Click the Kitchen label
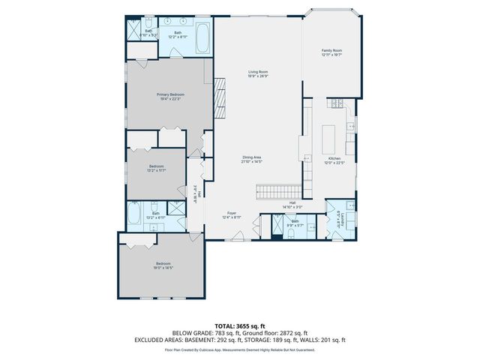coord(334,159)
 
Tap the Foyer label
coord(232,215)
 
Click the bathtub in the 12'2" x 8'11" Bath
coord(203,38)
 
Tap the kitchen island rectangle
coord(327,138)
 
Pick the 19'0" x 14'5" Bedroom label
coord(163,265)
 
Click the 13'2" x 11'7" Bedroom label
coord(156,168)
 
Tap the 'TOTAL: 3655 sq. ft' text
coord(239,326)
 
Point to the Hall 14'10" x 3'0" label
coord(291,205)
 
